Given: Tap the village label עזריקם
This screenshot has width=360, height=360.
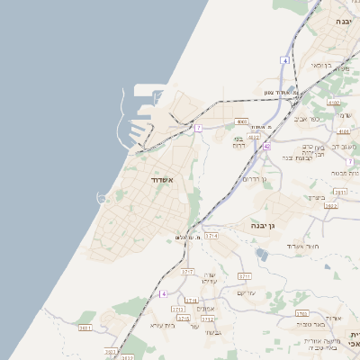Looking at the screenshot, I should tap(247, 292).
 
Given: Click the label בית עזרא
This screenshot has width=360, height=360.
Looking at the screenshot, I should tap(161, 324).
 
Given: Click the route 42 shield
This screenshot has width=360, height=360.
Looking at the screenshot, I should tap(266, 145).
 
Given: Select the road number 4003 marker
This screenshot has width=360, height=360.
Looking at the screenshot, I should tap(240, 121).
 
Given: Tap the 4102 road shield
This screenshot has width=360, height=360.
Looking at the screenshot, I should tap(334, 103).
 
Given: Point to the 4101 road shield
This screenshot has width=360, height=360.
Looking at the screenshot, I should tap(344, 131).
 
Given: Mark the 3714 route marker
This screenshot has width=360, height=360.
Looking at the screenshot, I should tap(211, 235).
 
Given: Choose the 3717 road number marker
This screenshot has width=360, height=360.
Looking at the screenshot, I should tap(188, 270).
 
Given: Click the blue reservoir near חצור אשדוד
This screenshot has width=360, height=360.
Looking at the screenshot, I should tap(261, 254).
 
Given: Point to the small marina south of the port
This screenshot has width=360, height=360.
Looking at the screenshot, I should tap(102, 197).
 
